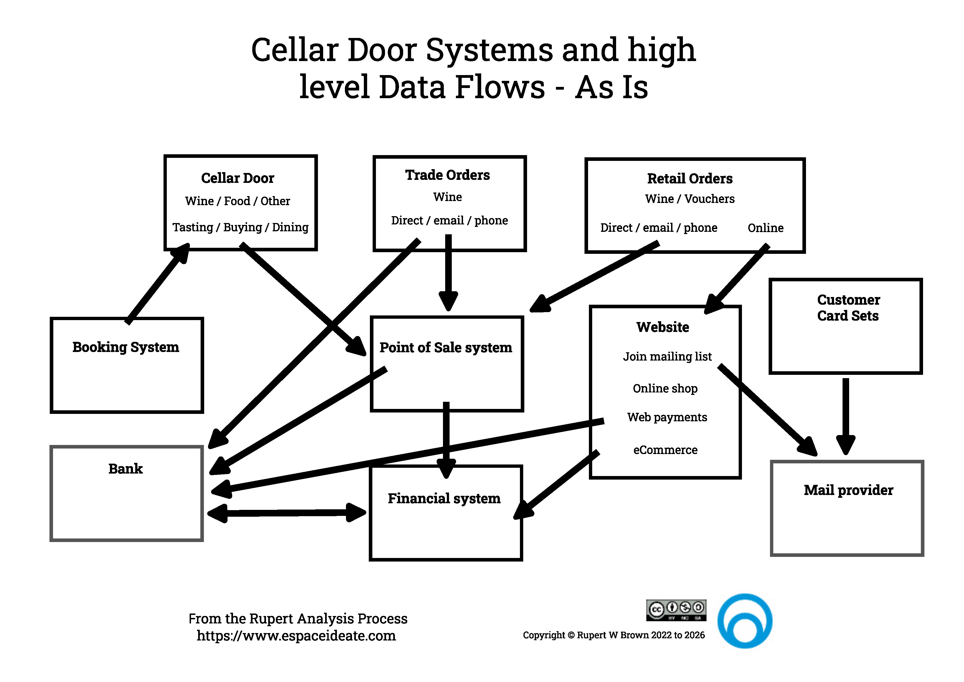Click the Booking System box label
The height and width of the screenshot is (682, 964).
coord(126,347)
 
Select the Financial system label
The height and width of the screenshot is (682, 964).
coord(444,498)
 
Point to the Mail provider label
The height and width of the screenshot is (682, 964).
coord(848,490)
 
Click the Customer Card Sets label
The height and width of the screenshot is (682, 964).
coord(848,308)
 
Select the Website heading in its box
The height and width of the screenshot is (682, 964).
coord(663,327)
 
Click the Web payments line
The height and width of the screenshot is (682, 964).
coord(667,417)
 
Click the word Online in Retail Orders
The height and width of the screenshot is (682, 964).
coord(765,228)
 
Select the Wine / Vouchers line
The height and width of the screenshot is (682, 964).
coord(689,199)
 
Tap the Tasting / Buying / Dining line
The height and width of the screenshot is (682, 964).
coord(240,227)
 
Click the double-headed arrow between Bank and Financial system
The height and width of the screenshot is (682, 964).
coord(287,513)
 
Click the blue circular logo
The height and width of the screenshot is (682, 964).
coord(744,621)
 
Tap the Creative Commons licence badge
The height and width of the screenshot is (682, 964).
coord(676,610)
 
